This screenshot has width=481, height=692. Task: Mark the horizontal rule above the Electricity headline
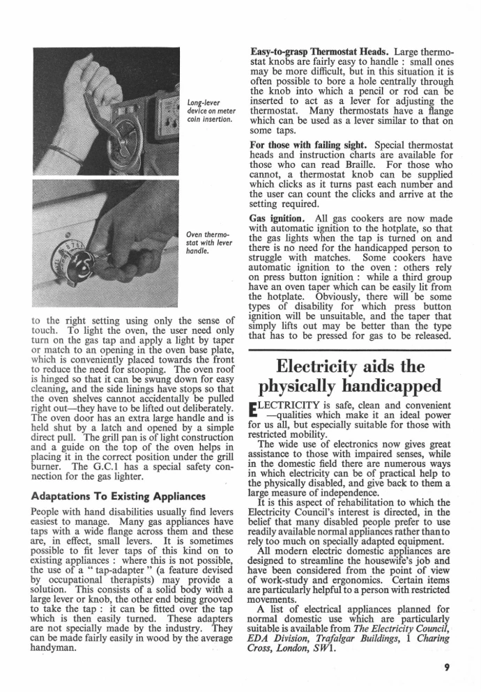352,346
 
